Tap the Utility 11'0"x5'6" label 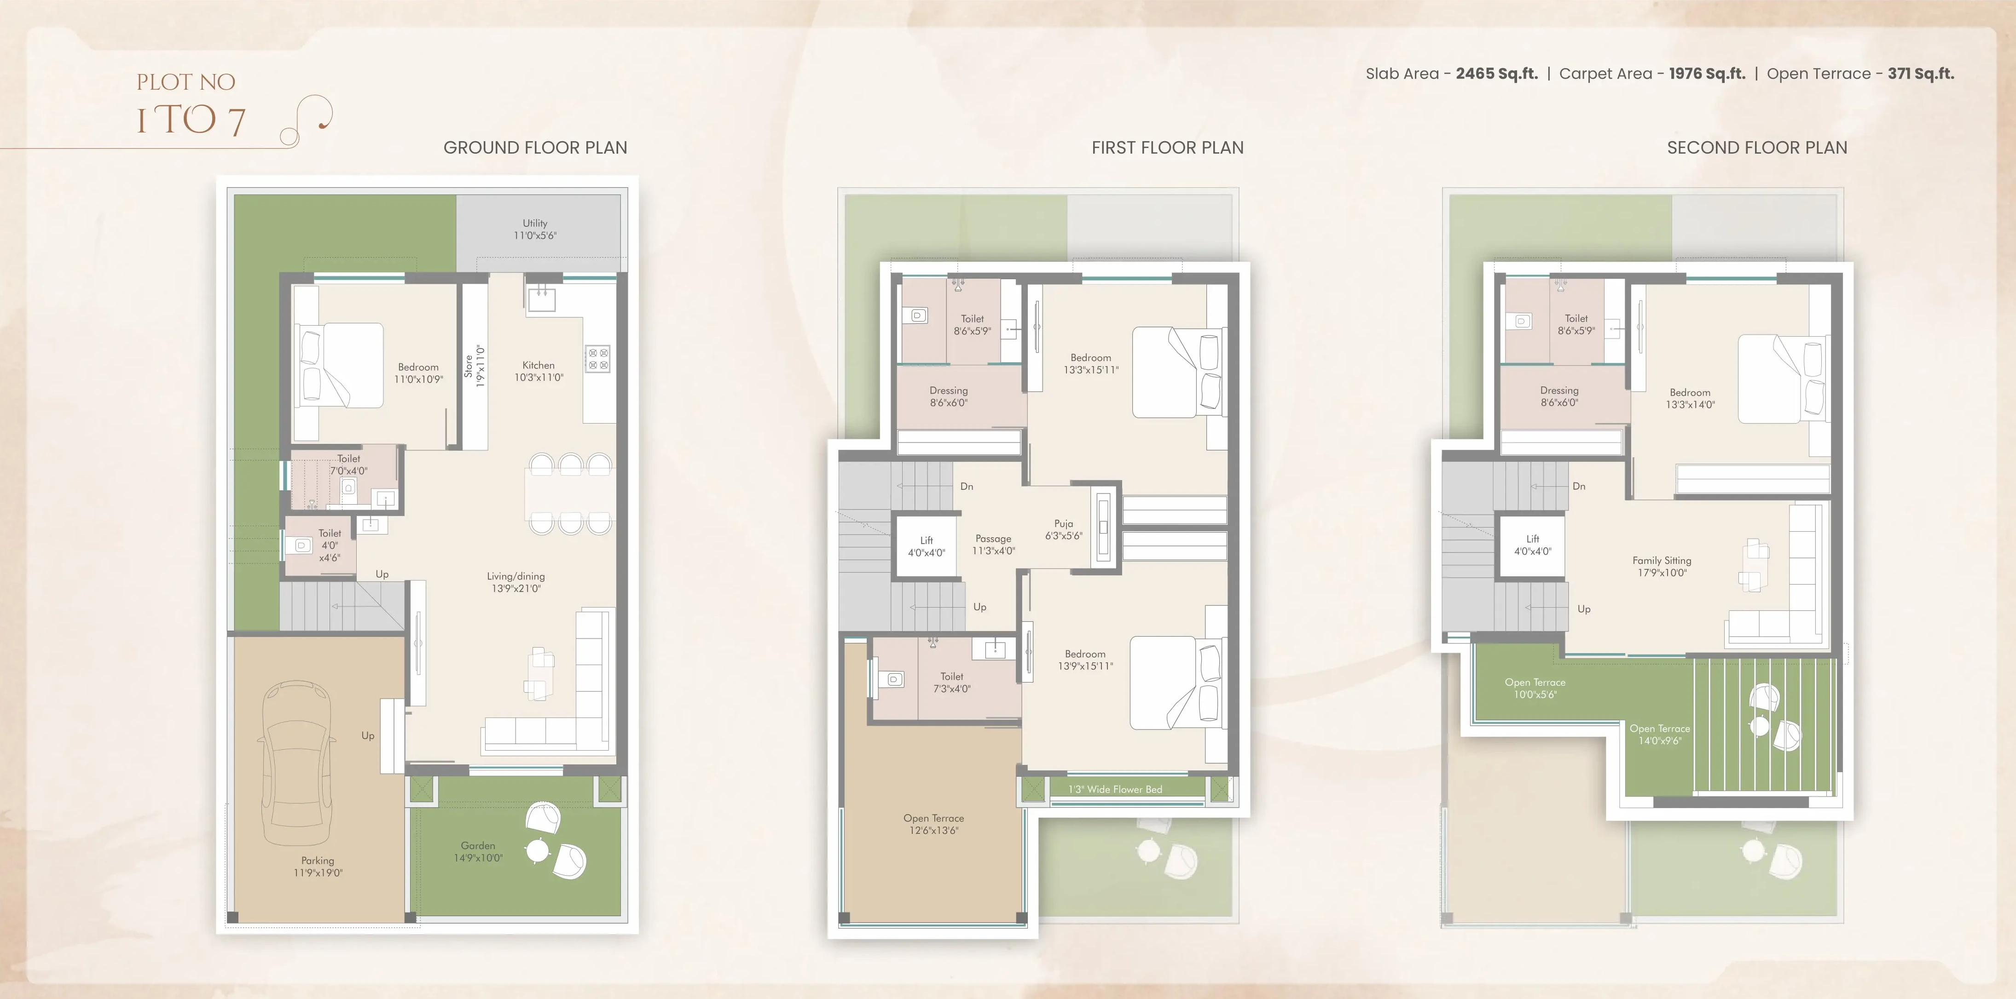click(x=535, y=229)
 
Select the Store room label click(x=474, y=366)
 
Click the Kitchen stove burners click(x=598, y=359)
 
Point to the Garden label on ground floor click(x=478, y=851)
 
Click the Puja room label click(x=1064, y=529)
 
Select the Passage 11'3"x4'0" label click(x=994, y=545)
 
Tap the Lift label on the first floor click(x=927, y=546)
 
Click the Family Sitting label click(x=1662, y=566)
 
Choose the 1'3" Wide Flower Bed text click(x=1115, y=789)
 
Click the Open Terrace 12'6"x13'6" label click(x=933, y=824)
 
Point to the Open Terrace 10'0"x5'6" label click(x=1535, y=689)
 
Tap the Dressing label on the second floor click(x=1559, y=396)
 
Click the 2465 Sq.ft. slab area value click(x=1496, y=74)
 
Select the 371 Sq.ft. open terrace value click(x=1921, y=74)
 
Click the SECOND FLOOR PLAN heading click(x=1757, y=148)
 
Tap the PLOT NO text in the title click(x=186, y=82)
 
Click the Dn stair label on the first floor click(x=967, y=487)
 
